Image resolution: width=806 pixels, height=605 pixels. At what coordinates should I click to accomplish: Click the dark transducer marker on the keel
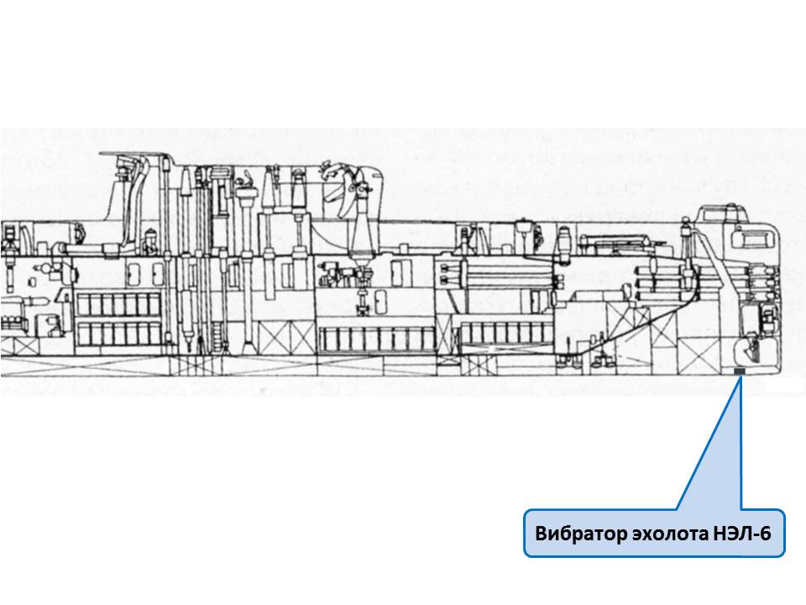(740, 371)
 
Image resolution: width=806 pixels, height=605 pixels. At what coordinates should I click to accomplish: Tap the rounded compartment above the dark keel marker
(747, 347)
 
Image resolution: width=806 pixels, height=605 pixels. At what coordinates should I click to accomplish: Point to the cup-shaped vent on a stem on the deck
(525, 224)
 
